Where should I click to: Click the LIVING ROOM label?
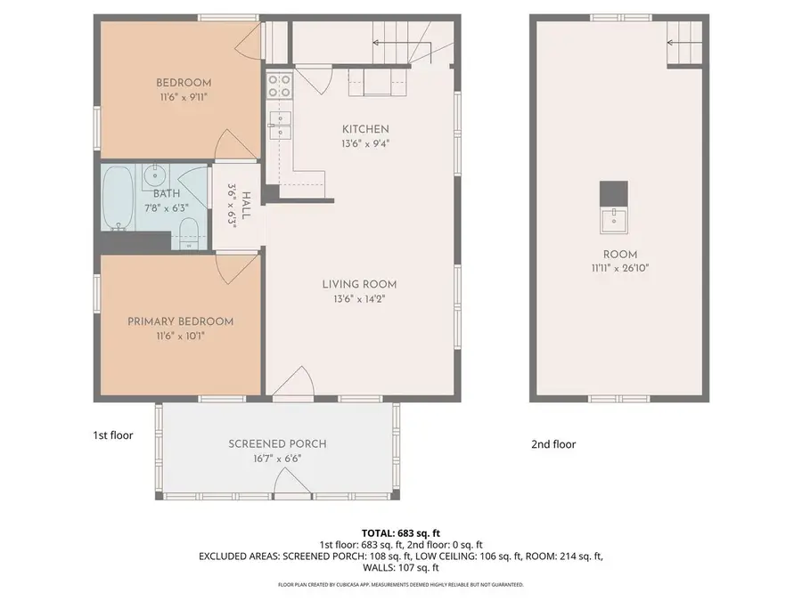click(359, 284)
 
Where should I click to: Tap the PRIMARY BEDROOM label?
click(180, 321)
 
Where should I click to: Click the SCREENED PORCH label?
click(277, 443)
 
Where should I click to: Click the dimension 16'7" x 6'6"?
click(277, 459)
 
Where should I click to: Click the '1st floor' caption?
click(113, 435)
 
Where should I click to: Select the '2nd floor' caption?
click(552, 444)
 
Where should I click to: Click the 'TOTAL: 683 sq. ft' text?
click(400, 532)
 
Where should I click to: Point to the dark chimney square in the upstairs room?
click(613, 192)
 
